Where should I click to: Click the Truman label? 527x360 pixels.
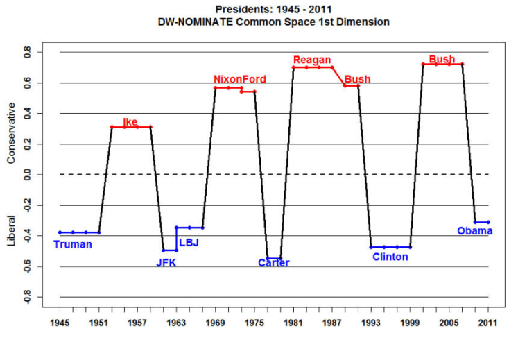tap(72, 244)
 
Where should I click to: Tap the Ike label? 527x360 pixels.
tap(130, 122)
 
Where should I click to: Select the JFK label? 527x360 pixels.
tap(166, 262)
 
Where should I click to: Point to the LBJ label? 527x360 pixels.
tap(189, 243)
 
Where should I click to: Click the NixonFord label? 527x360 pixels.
tap(239, 79)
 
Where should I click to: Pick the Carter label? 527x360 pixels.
tap(273, 263)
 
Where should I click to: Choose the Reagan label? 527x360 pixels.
tap(312, 60)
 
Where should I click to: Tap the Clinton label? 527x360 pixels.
tap(390, 257)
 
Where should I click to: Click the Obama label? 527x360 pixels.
tap(474, 231)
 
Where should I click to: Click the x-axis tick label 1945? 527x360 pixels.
tap(60, 323)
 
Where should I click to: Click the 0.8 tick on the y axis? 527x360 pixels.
tap(28, 52)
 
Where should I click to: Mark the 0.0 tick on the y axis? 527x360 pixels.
tap(28, 174)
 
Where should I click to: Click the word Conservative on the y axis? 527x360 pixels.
tap(11, 133)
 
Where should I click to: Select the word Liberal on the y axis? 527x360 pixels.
tap(11, 233)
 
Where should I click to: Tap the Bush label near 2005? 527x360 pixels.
tap(442, 60)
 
